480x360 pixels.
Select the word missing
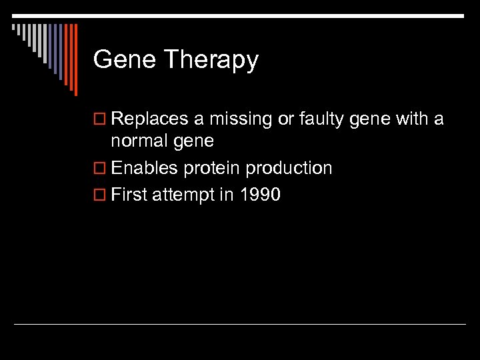(239, 120)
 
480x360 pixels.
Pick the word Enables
(145, 168)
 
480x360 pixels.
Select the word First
(131, 195)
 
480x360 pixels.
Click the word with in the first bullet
(413, 119)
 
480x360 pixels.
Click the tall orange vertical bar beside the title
(75, 60)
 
